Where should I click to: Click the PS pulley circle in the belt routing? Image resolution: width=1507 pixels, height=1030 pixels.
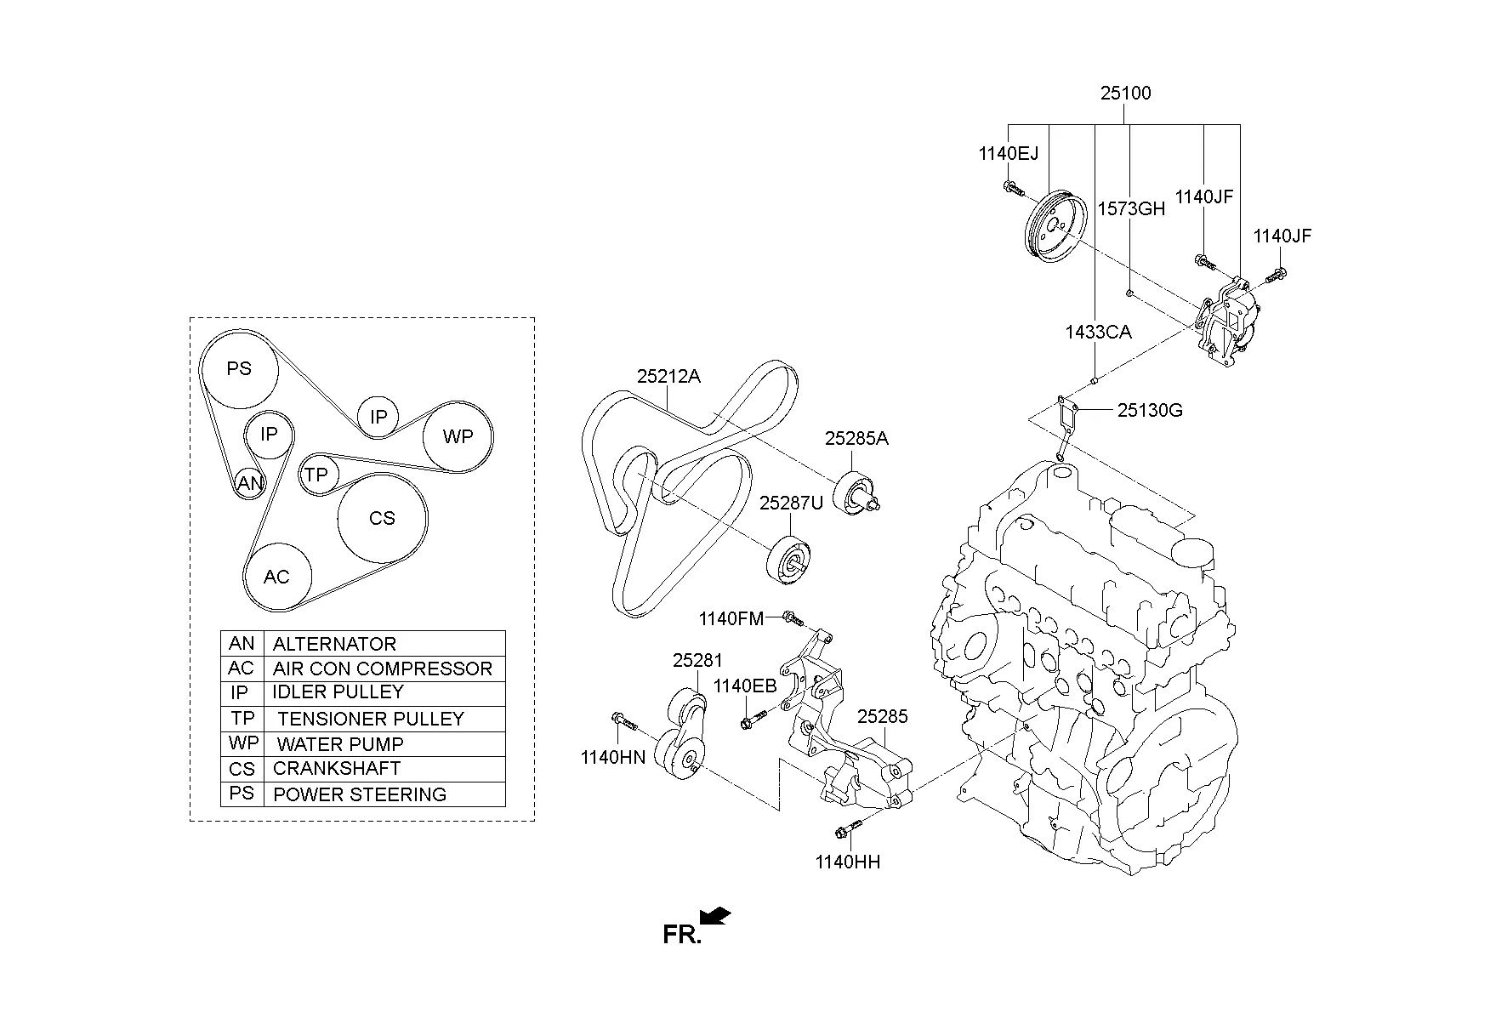click(x=239, y=368)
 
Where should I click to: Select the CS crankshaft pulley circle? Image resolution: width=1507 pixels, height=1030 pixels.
click(x=382, y=518)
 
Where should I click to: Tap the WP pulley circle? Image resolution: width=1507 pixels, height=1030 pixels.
click(x=458, y=436)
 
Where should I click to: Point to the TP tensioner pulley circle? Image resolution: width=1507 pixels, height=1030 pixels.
click(x=316, y=475)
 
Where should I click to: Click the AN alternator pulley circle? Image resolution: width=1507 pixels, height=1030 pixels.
click(x=249, y=484)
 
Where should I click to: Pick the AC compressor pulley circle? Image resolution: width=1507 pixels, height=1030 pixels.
click(x=276, y=577)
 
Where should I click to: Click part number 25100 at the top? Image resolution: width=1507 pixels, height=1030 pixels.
click(x=1125, y=93)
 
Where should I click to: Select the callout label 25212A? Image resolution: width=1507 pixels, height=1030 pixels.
click(x=668, y=376)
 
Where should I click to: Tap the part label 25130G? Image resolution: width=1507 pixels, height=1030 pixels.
click(x=1150, y=410)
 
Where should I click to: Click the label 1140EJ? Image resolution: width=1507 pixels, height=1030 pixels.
click(x=1008, y=154)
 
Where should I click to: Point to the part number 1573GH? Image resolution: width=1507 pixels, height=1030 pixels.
click(x=1131, y=209)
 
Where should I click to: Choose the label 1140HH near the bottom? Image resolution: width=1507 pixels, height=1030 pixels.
click(x=847, y=862)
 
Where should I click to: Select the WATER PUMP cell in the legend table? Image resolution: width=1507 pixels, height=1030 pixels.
click(x=340, y=744)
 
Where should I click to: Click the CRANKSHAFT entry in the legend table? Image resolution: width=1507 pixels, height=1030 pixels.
click(x=336, y=769)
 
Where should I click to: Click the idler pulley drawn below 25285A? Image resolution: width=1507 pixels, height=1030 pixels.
click(x=857, y=493)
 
